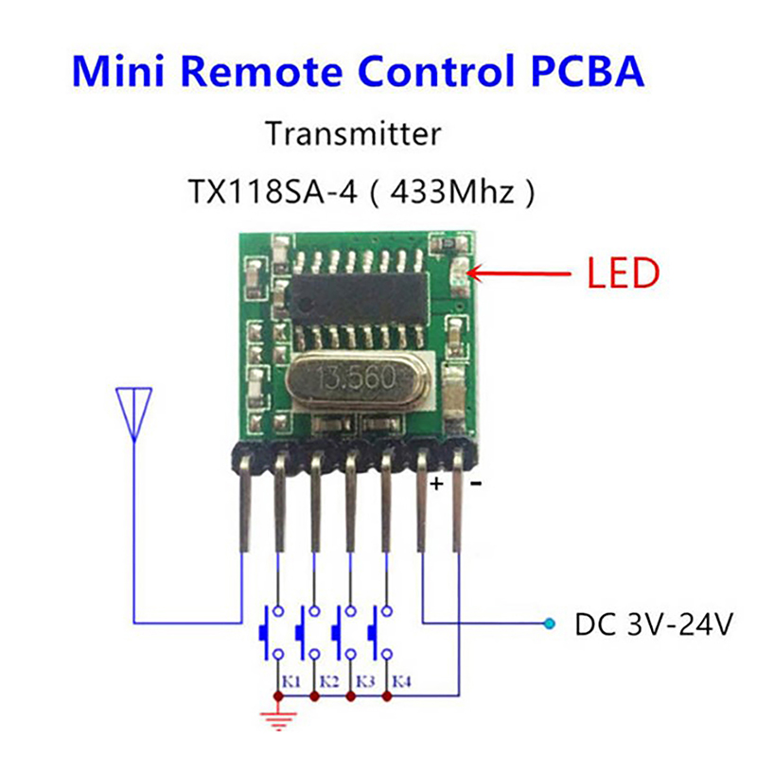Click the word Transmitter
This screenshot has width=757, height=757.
coord(353,133)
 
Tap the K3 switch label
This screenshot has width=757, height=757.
coord(364,680)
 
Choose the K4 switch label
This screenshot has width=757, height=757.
coord(401,680)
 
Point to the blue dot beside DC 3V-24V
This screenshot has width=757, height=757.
coord(548,623)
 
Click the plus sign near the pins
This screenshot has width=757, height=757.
coord(437,484)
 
